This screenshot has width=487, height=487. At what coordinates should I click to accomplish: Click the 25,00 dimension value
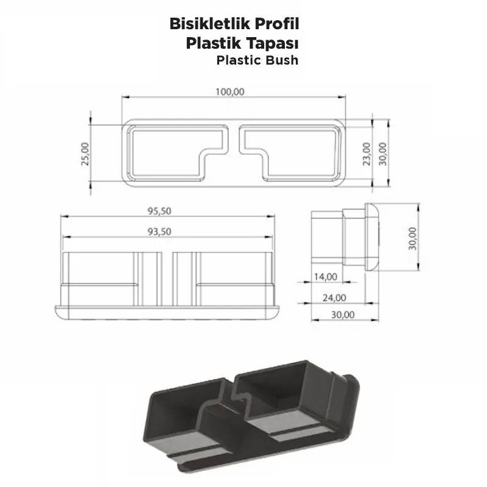[x=85, y=154]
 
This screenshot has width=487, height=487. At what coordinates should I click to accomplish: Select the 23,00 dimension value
[x=365, y=153]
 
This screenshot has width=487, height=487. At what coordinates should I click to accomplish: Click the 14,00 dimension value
[x=326, y=277]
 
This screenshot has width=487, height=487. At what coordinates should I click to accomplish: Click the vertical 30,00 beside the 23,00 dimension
[x=382, y=153]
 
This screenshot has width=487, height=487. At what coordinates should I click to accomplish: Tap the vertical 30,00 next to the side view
[x=413, y=238]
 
